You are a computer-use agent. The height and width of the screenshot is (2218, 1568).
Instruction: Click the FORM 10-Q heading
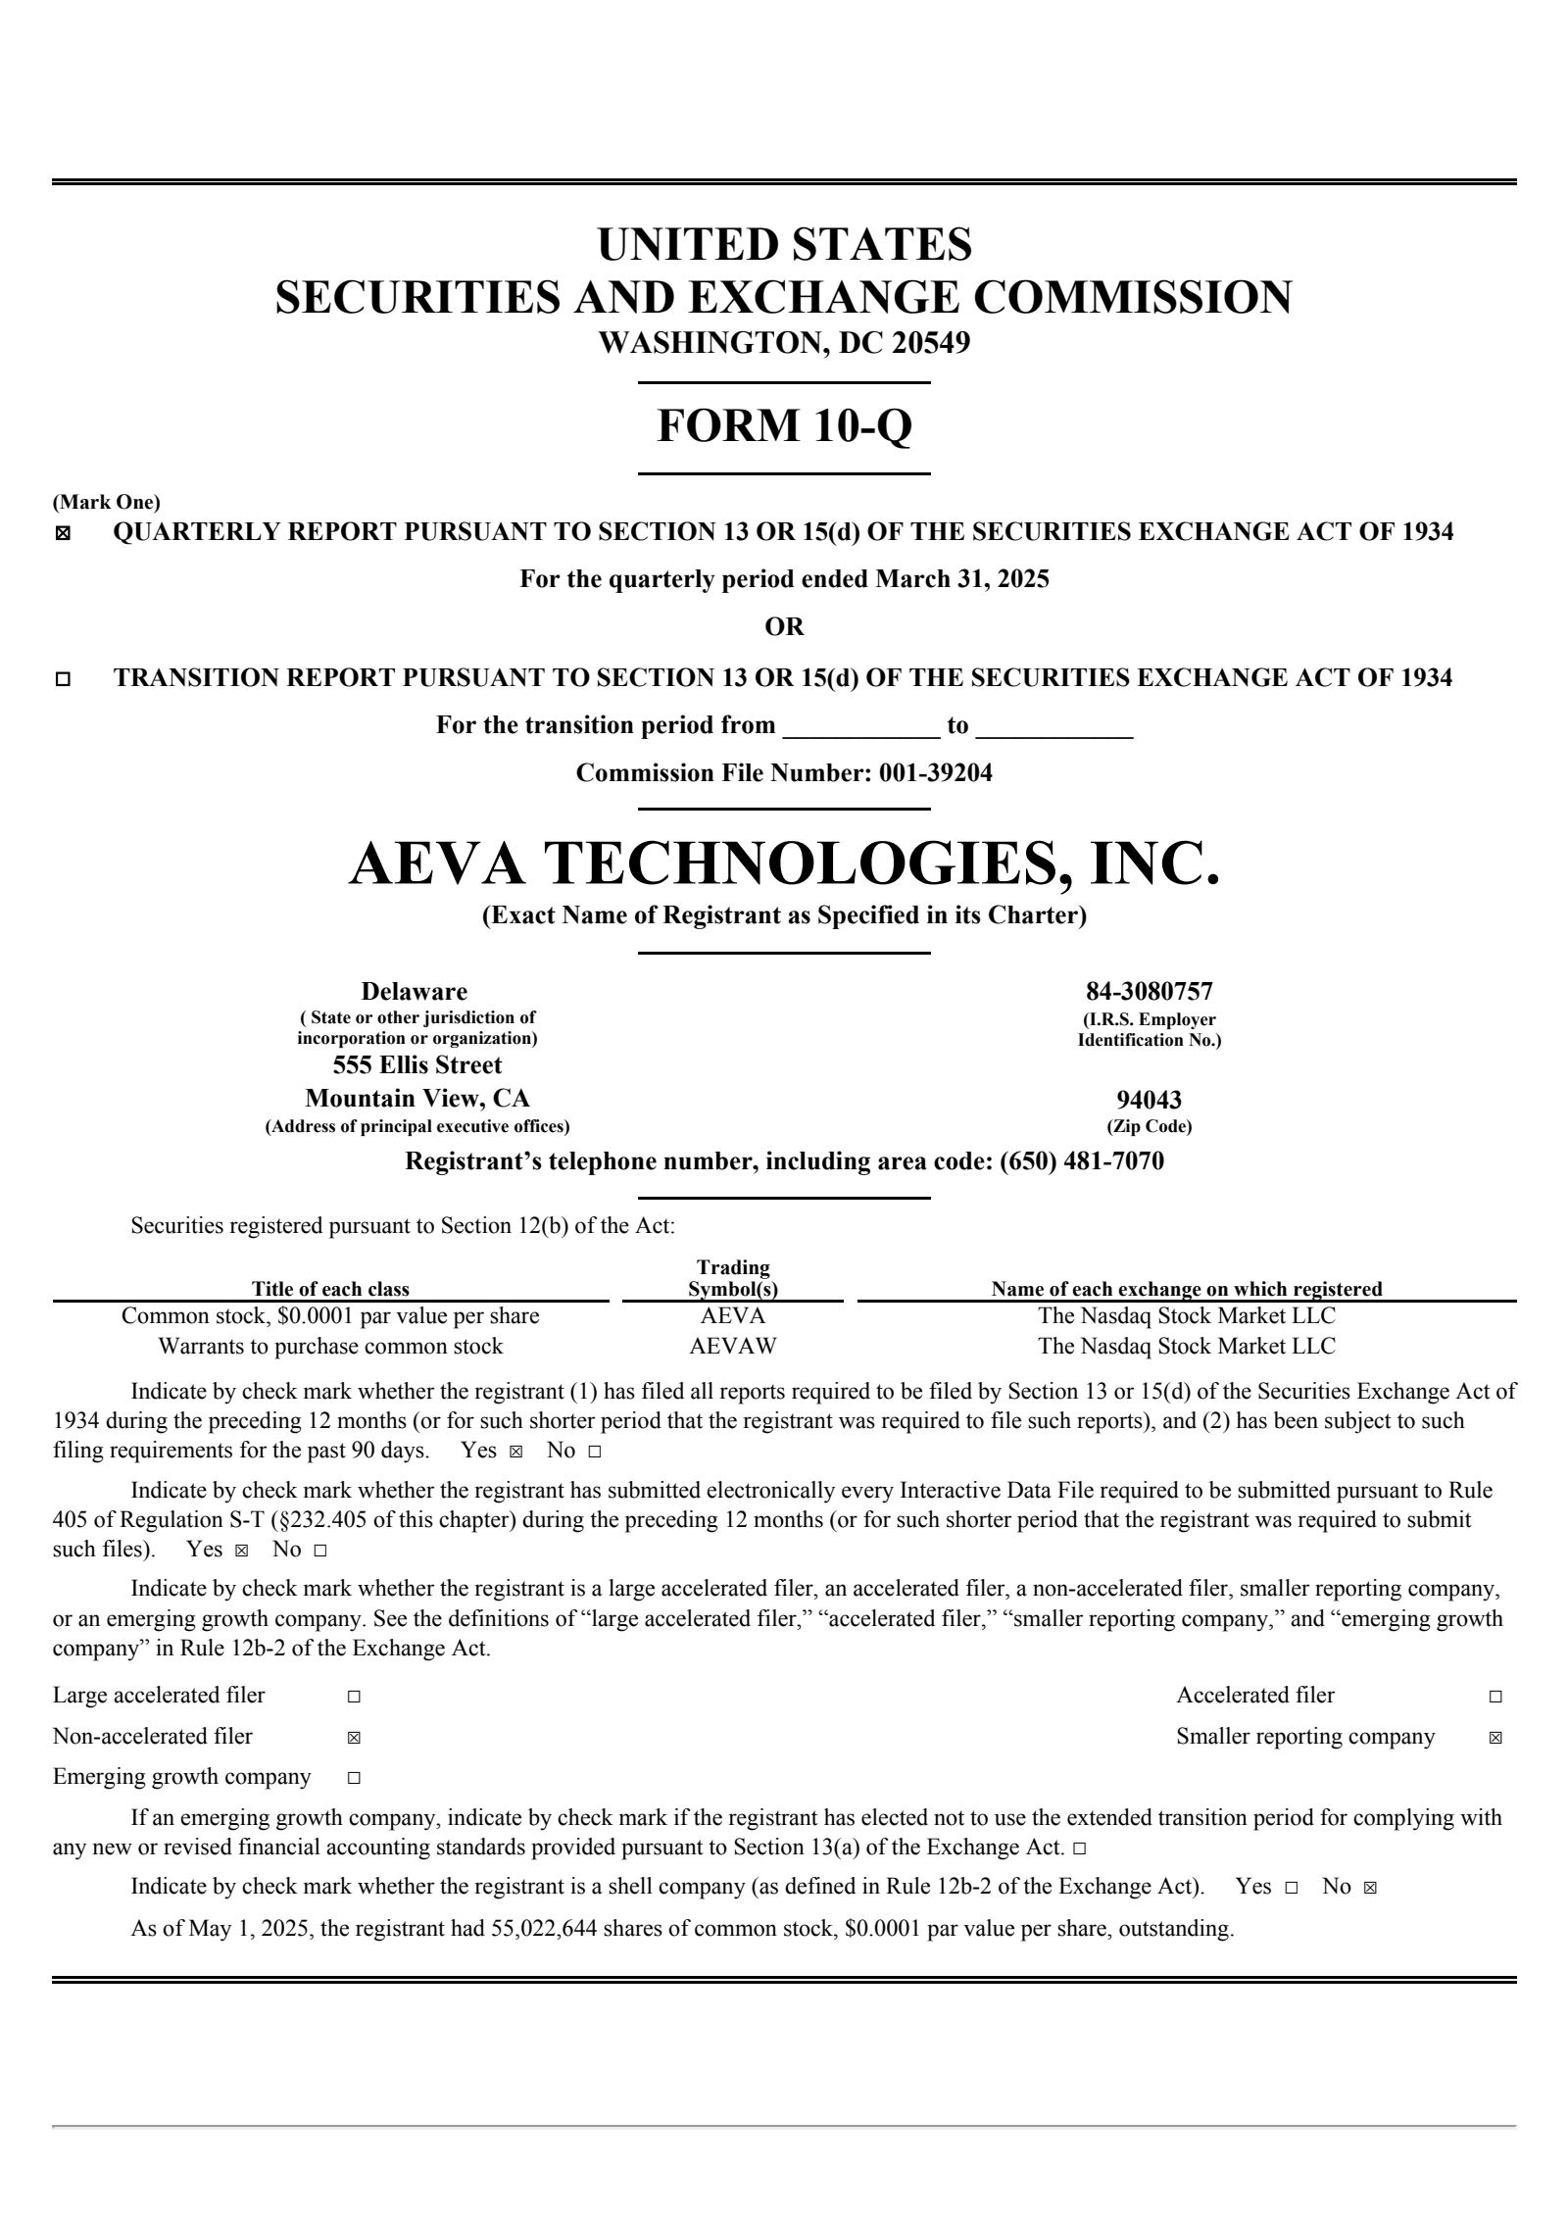(x=784, y=426)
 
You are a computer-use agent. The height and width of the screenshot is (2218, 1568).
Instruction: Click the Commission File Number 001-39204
(x=935, y=773)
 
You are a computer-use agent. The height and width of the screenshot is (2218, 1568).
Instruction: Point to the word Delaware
(x=415, y=991)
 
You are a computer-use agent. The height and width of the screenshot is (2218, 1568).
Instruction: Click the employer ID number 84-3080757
(x=1149, y=991)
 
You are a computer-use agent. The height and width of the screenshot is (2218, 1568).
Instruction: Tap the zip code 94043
(x=1149, y=1100)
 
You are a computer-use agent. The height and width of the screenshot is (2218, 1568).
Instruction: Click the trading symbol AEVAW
(x=732, y=1346)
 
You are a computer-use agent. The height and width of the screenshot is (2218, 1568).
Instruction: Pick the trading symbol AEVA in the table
(x=732, y=1315)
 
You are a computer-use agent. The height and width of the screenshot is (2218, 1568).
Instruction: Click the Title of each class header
(x=330, y=1289)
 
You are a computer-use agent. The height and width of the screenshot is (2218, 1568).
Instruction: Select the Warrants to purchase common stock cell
(x=330, y=1346)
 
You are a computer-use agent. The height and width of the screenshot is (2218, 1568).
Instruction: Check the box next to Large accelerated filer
(x=354, y=1697)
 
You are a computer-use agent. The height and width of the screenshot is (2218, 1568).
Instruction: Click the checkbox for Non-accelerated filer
(x=354, y=1738)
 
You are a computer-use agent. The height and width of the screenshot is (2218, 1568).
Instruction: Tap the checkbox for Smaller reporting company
(x=1495, y=1738)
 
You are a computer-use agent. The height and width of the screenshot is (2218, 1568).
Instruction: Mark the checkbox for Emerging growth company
(x=354, y=1778)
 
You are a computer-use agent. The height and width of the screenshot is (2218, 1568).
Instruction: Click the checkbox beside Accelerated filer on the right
(x=1495, y=1697)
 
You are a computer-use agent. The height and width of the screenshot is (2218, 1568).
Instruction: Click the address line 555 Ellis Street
(x=416, y=1065)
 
